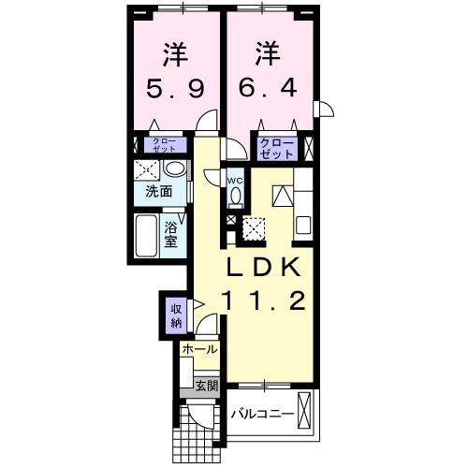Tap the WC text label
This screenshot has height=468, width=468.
click(x=235, y=180)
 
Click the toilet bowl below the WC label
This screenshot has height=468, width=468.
click(x=235, y=196)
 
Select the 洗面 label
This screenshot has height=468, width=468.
click(x=158, y=192)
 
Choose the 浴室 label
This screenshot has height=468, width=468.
click(x=172, y=233)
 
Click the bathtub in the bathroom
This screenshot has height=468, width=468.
click(x=148, y=235)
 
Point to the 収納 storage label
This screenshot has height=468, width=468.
click(x=176, y=315)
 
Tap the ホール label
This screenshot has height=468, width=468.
click(x=199, y=349)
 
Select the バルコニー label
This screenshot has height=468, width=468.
click(x=263, y=413)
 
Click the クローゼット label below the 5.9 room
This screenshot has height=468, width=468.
click(x=165, y=145)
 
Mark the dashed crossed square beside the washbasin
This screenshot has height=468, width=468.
click(x=147, y=170)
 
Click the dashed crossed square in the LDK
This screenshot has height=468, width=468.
click(x=254, y=227)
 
